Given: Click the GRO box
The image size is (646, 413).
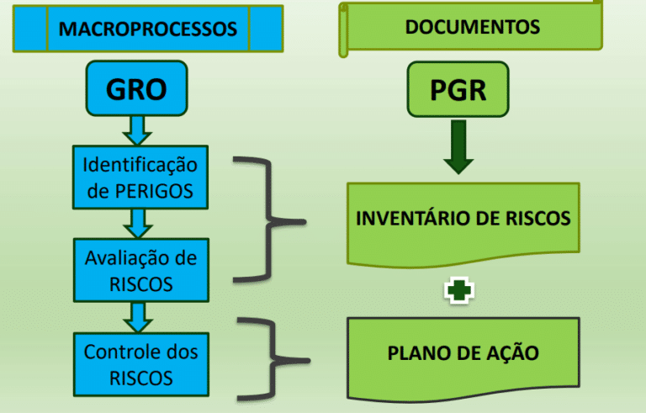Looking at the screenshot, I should click(135, 88).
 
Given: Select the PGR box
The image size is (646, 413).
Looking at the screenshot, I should click(458, 89).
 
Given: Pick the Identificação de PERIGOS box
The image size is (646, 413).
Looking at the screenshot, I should click(140, 177).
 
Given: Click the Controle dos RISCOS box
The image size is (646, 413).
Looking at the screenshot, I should click(140, 364).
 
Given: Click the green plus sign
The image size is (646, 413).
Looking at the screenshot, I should click(459, 290).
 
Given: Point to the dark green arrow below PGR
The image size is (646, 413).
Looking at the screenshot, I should click(458, 146).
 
